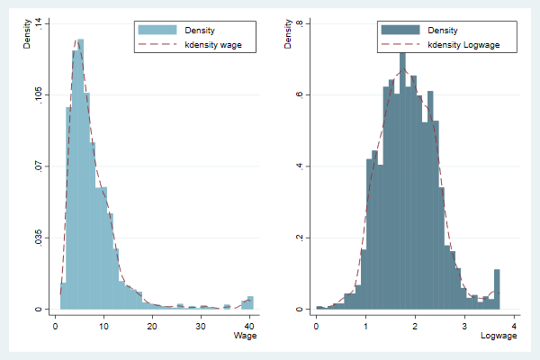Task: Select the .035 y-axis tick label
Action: pyautogui.click(x=39, y=238)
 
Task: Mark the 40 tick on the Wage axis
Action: pyautogui.click(x=249, y=324)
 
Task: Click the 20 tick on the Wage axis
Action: pyautogui.click(x=152, y=324)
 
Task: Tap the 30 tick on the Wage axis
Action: pyautogui.click(x=201, y=324)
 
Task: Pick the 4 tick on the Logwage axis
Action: pyautogui.click(x=514, y=324)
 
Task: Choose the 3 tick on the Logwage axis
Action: pyautogui.click(x=464, y=324)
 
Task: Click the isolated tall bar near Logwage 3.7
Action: pyautogui.click(x=496, y=289)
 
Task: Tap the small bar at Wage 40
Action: pyautogui.click(x=250, y=302)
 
